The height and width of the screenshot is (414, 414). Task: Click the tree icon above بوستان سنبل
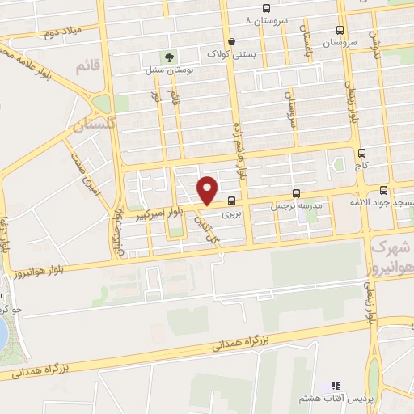(x=169, y=57)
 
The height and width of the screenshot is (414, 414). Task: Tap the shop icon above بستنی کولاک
(x=232, y=42)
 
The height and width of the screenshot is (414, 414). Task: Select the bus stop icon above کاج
(x=361, y=152)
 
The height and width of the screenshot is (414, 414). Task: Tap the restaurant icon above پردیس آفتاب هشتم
(x=336, y=387)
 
